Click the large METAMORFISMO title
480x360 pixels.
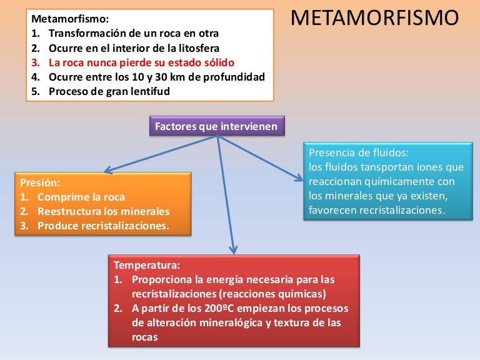click(x=374, y=17)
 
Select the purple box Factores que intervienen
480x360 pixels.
click(x=217, y=126)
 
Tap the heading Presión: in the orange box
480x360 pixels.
click(x=40, y=182)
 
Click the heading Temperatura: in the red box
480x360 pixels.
click(x=147, y=265)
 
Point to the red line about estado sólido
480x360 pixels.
click(x=132, y=62)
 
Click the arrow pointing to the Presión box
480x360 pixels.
click(x=161, y=154)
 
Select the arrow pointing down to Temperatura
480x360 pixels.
click(x=226, y=195)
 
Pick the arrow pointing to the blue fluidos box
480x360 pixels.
click(x=260, y=158)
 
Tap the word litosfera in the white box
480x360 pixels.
click(x=199, y=48)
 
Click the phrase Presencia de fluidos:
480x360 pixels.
click(x=359, y=152)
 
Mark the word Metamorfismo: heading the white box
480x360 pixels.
click(x=70, y=19)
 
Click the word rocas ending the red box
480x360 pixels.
click(x=145, y=337)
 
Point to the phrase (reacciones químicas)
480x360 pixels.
click(x=272, y=294)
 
